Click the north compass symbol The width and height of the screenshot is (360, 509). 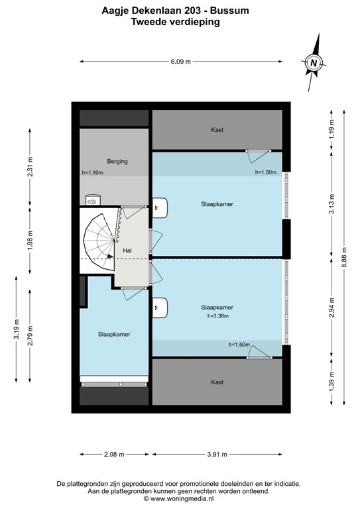pos(314,63)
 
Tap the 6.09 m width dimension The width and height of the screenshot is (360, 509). pos(180,62)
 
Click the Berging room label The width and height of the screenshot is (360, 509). pos(117,161)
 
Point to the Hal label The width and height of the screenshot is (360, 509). pos(127,251)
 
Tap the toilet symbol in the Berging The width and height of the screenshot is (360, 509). pos(93,198)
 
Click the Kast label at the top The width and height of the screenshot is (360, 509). pos(217,130)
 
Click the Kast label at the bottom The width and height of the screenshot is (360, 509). pos(217,382)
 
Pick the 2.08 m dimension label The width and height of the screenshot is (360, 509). pos(113,455)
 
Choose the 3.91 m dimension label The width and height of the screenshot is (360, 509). pos(217,455)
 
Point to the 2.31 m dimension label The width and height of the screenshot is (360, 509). pos(30,166)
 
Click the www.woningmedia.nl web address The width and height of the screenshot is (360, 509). pos(180,501)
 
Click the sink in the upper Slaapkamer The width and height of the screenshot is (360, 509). pos(160,208)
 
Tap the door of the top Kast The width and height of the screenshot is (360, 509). pos(257,155)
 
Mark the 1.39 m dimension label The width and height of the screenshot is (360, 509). pos(333,382)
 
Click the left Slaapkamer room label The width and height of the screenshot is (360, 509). pos(113,335)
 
